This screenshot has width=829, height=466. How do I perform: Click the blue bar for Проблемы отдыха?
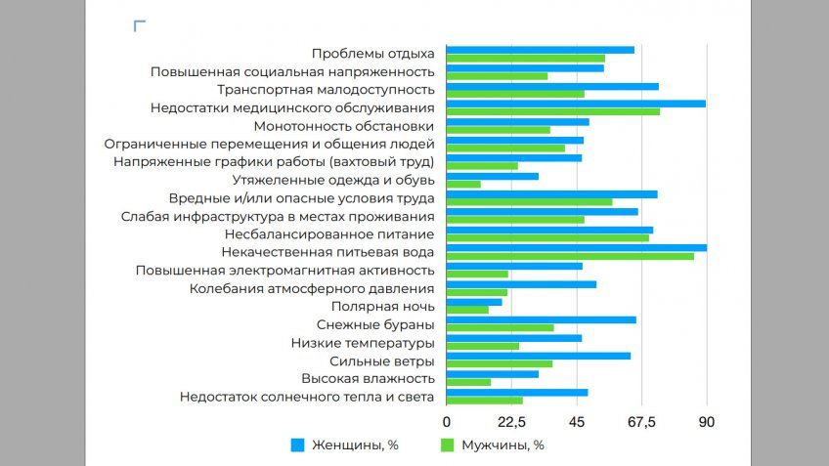tap(540, 50)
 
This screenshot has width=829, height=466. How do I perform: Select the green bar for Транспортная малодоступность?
tap(515, 94)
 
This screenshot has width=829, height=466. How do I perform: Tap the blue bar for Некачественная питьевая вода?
tap(576, 248)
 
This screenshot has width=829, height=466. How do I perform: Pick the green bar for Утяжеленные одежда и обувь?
tap(463, 184)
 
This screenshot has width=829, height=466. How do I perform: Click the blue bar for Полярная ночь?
tap(474, 302)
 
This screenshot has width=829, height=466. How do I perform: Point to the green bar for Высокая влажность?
tap(468, 382)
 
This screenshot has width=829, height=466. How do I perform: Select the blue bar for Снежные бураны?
tap(541, 319)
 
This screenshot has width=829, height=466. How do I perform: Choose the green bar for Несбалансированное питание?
tap(547, 237)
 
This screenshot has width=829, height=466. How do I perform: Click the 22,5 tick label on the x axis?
tap(512, 422)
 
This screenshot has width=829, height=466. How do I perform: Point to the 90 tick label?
tap(708, 422)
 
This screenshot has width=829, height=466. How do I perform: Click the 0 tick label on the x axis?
tap(447, 422)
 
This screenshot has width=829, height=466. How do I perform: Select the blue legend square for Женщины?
tap(298, 445)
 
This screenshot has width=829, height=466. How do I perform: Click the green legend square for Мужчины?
tap(448, 445)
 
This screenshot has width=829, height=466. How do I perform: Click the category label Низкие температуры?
tap(362, 343)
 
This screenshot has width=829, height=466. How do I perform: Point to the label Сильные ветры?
tap(381, 360)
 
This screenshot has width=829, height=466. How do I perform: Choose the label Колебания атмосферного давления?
tap(311, 288)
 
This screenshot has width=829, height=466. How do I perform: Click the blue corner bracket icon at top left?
tap(139, 25)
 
